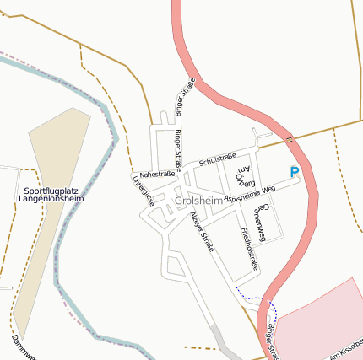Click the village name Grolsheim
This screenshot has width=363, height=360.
199,201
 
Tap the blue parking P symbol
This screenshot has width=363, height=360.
295,172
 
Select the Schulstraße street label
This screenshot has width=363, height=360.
217,159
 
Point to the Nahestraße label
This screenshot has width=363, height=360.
157,174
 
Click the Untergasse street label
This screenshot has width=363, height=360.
142,190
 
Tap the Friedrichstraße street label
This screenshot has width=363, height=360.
250,248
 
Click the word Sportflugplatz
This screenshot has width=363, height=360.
49,191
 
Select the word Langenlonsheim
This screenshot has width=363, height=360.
51,200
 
